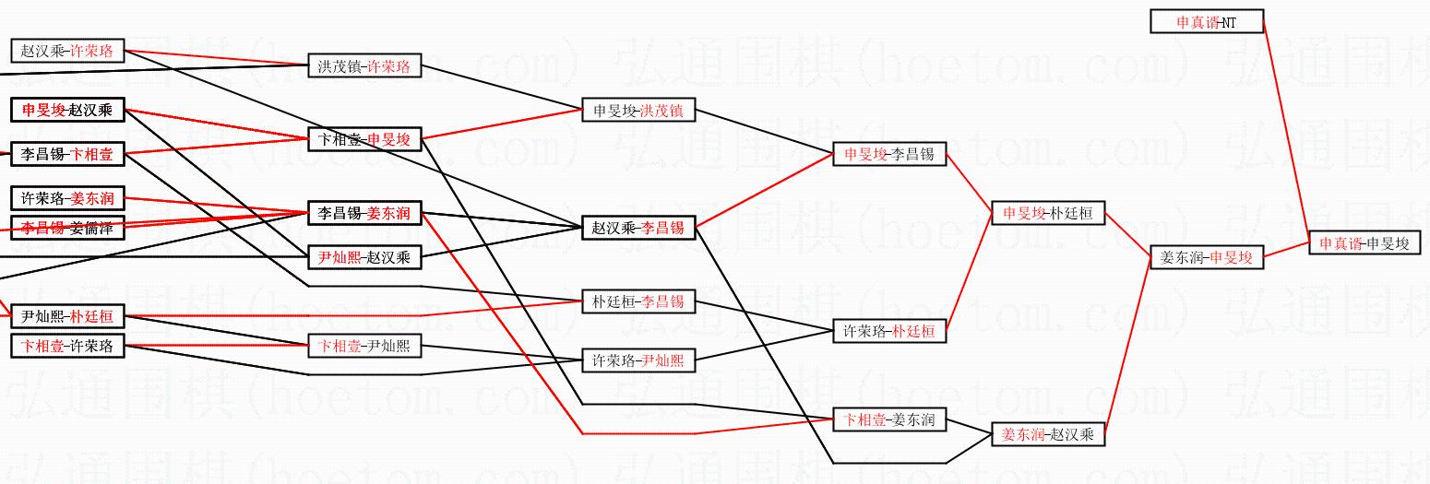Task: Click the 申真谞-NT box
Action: tap(1206, 21)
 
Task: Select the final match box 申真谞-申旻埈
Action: tap(1364, 243)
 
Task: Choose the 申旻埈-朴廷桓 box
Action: tap(1047, 213)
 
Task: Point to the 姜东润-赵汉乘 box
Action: tap(1047, 434)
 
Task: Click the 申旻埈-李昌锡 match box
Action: tap(889, 154)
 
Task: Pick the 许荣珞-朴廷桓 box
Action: tap(889, 331)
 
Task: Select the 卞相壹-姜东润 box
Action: tap(889, 420)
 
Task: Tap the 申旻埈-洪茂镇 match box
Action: tap(638, 111)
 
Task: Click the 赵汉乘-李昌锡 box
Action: tap(638, 227)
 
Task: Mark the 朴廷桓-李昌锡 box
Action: tap(638, 301)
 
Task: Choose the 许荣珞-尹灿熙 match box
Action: tap(638, 360)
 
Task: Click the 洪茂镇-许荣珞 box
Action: tap(363, 66)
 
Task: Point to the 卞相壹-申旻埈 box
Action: tap(363, 139)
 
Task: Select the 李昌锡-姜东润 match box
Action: tap(363, 213)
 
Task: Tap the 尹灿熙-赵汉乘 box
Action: tap(363, 257)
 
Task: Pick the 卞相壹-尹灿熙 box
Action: tap(363, 347)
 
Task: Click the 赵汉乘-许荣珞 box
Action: tap(66, 51)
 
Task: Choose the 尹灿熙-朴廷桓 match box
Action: tap(66, 317)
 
